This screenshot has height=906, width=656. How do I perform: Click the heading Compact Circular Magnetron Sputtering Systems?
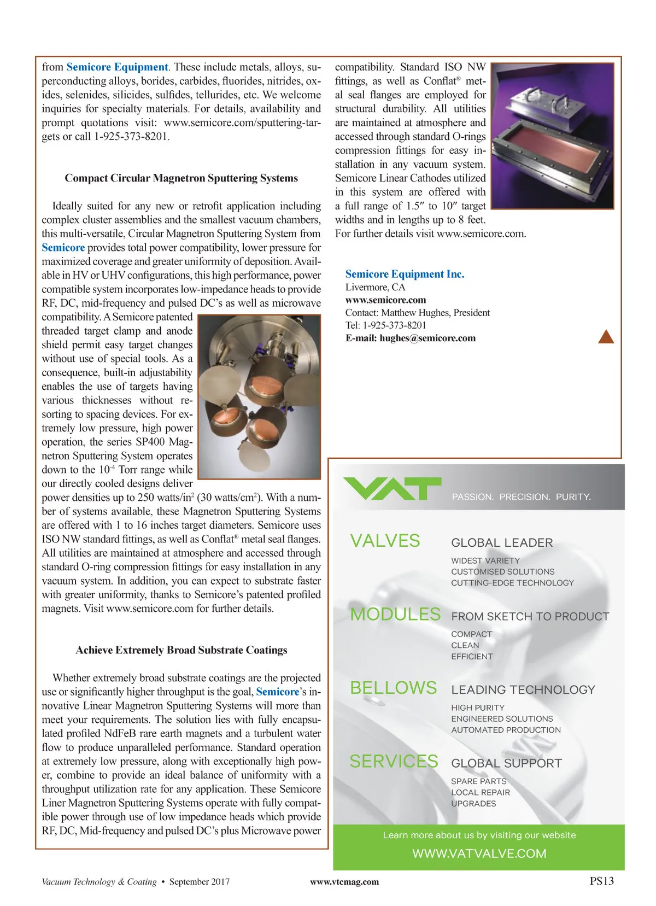pos(181,178)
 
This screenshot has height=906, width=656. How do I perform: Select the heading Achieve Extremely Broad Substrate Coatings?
pos(181,650)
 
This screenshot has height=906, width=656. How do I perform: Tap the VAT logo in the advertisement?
pos(391,488)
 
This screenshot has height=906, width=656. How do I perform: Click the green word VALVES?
pos(385,541)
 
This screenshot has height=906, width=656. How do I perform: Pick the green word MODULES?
pos(395,615)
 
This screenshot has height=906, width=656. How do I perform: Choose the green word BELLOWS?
pos(393,688)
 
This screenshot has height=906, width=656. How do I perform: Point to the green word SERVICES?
pos(394,761)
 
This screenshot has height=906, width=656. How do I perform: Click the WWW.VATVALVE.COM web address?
pos(479,854)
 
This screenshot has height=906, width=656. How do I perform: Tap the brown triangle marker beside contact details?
pos(606,337)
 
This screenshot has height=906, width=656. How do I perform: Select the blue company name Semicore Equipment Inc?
pos(405,274)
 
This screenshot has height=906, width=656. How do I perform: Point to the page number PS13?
pos(601,881)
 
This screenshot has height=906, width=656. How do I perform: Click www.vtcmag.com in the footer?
pos(344,881)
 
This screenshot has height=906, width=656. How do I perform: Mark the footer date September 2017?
pos(199,881)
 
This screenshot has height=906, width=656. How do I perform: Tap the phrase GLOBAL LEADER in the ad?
pos(502,543)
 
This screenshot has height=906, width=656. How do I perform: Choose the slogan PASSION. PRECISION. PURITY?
pos(521,497)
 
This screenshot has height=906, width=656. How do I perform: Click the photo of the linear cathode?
pos(552,136)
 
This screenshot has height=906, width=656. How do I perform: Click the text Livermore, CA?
pos(375,287)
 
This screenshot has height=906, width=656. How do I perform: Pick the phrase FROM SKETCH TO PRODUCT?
pos(530,617)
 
